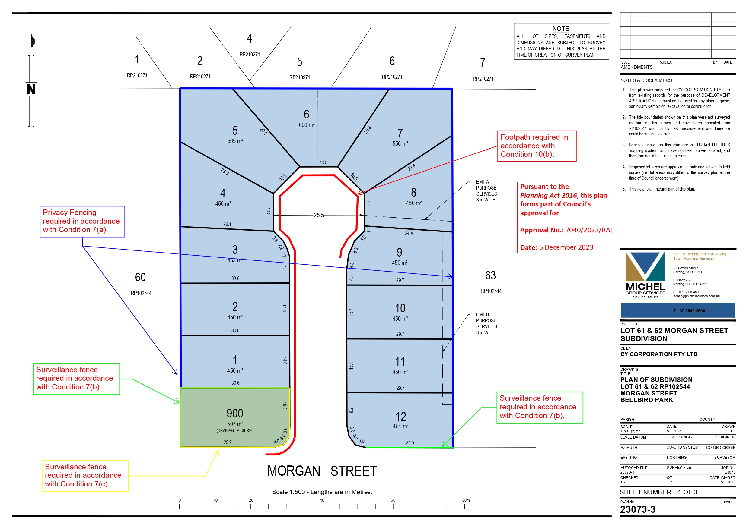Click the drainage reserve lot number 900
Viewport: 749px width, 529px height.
pyautogui.click(x=235, y=413)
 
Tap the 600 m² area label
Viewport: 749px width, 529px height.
pyautogui.click(x=307, y=125)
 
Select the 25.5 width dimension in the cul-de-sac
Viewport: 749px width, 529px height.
pyautogui.click(x=319, y=215)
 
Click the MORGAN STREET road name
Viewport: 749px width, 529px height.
pyautogui.click(x=322, y=471)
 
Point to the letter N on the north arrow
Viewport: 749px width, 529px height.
pyautogui.click(x=31, y=89)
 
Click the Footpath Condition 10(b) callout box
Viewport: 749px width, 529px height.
pyautogui.click(x=537, y=146)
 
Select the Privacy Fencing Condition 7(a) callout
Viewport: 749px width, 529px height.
pyautogui.click(x=82, y=221)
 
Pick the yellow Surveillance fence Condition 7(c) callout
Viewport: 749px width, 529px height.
pyautogui.click(x=85, y=476)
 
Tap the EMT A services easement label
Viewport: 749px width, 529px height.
pyautogui.click(x=486, y=191)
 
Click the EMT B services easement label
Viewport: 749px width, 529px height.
pyautogui.click(x=486, y=323)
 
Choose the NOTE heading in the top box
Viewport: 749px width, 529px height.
pyautogui.click(x=560, y=29)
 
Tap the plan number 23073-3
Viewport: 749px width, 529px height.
pyautogui.click(x=637, y=509)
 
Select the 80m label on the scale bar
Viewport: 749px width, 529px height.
pyautogui.click(x=466, y=500)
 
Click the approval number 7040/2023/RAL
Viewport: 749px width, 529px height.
pyautogui.click(x=589, y=230)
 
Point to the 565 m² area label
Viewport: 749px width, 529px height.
pyautogui.click(x=235, y=141)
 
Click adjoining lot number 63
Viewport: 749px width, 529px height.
pyautogui.click(x=490, y=276)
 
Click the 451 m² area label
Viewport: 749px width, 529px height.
pyautogui.click(x=400, y=426)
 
